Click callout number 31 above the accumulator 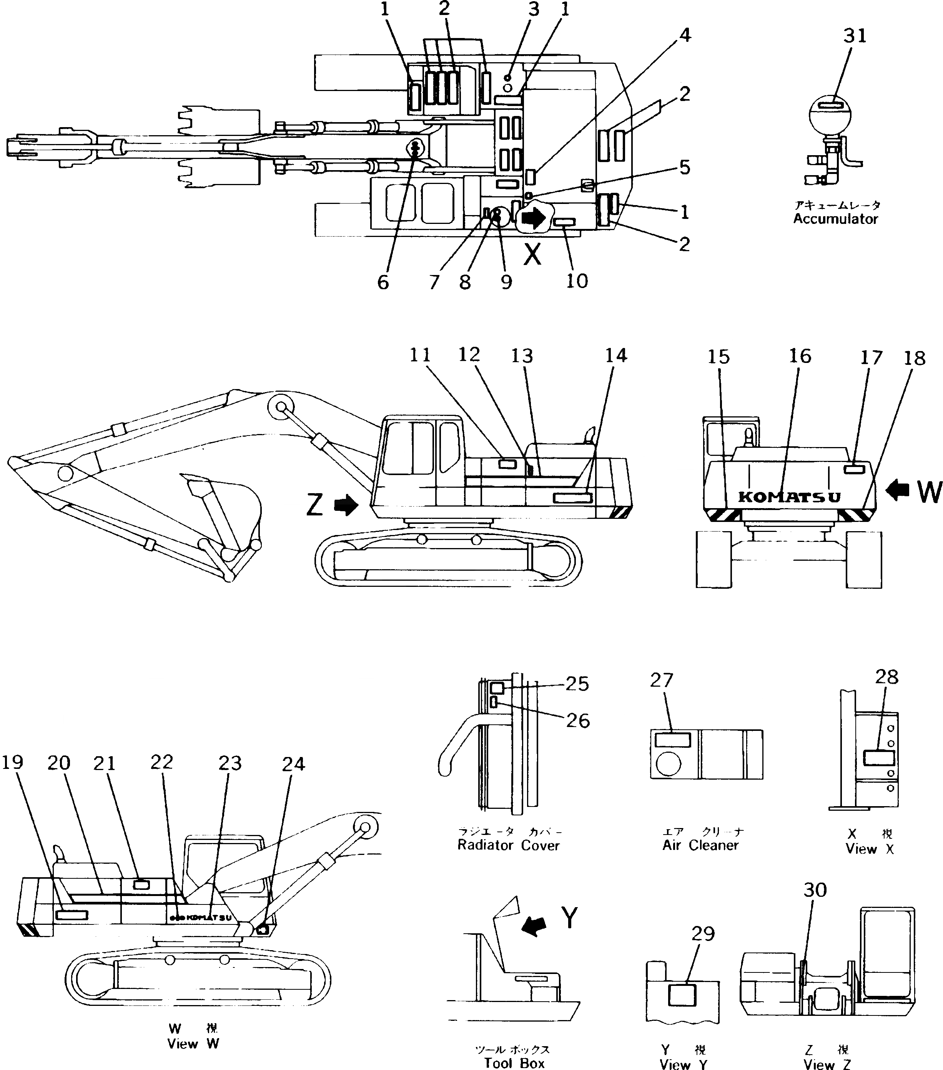(855, 36)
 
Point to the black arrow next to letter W (897, 490)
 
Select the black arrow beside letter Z (346, 506)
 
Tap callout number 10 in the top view (577, 281)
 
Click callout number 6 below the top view (383, 283)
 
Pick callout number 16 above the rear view (800, 356)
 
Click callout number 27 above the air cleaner (661, 680)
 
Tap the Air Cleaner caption (700, 845)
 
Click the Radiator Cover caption (508, 845)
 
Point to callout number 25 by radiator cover (577, 684)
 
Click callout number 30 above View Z (815, 889)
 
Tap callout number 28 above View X (886, 677)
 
